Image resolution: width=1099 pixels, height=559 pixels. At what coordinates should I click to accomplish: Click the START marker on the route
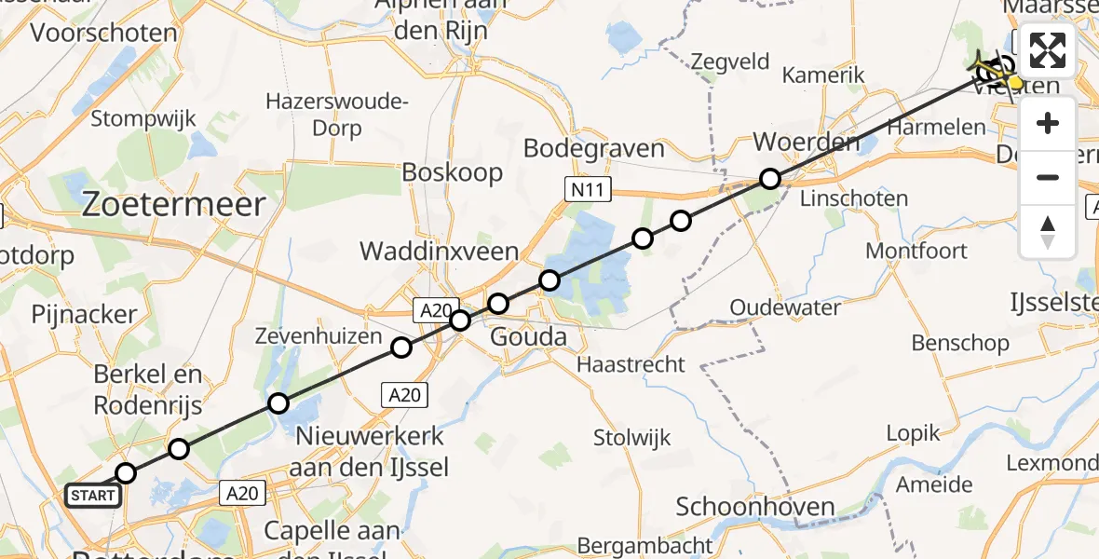point(93,495)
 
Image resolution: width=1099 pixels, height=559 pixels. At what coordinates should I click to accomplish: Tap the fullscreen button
point(1048,50)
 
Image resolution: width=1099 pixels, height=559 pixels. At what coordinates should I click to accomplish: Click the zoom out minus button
point(1048,177)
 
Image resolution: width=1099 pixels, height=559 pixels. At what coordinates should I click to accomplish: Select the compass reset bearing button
point(1048,232)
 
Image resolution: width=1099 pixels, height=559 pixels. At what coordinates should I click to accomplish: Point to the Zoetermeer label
point(174,205)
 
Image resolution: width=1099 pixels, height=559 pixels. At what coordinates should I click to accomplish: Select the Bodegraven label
point(594,148)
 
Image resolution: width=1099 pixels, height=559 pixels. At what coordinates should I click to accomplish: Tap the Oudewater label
point(785,307)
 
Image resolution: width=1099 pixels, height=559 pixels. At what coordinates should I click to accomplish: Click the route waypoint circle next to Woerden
point(769,179)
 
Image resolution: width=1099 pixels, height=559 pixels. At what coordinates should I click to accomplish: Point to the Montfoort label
point(916,251)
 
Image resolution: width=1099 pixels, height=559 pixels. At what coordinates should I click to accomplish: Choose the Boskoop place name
point(453,172)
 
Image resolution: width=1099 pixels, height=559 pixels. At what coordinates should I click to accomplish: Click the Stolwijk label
point(632,437)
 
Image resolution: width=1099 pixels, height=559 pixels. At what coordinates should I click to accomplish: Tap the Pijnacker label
point(84,314)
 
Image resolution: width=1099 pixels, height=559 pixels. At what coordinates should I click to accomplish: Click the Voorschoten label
point(103,34)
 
